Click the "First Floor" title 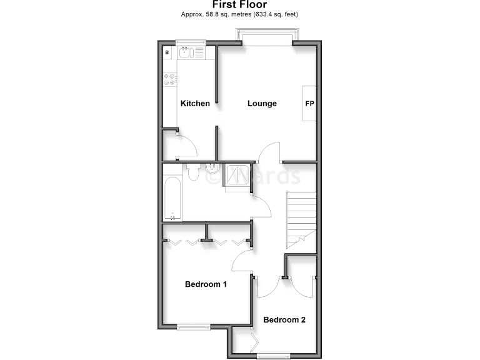pos(240,4)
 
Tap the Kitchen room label pos(195,103)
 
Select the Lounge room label pos(262,103)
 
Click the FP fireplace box pos(309,103)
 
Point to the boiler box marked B pos(167,53)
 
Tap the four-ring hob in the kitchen pos(169,79)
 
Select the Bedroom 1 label pos(206,284)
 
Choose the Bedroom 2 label pos(284,320)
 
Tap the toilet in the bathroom pos(192,172)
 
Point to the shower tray pos(237,177)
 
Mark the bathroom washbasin pos(212,167)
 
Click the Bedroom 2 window pos(274,356)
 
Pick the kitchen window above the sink pos(191,43)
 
